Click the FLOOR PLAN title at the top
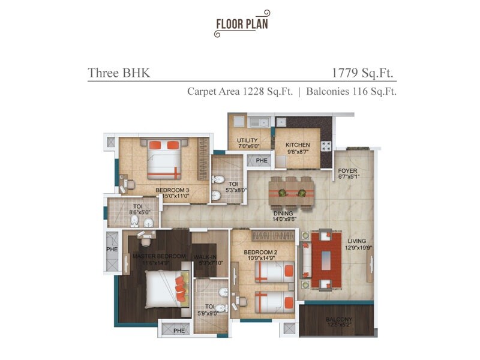pyautogui.click(x=242, y=24)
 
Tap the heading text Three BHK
pyautogui.click(x=119, y=73)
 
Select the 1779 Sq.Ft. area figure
pyautogui.click(x=364, y=73)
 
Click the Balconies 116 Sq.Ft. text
pyautogui.click(x=351, y=92)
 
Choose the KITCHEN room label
pyautogui.click(x=298, y=145)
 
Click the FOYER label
pyautogui.click(x=347, y=171)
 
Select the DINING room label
pyautogui.click(x=283, y=213)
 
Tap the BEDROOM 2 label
pyautogui.click(x=260, y=254)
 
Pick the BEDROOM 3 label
pyautogui.click(x=173, y=191)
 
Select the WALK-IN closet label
pyautogui.click(x=205, y=256)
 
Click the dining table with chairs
pyautogui.click(x=288, y=193)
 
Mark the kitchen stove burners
pyautogui.click(x=326, y=145)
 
